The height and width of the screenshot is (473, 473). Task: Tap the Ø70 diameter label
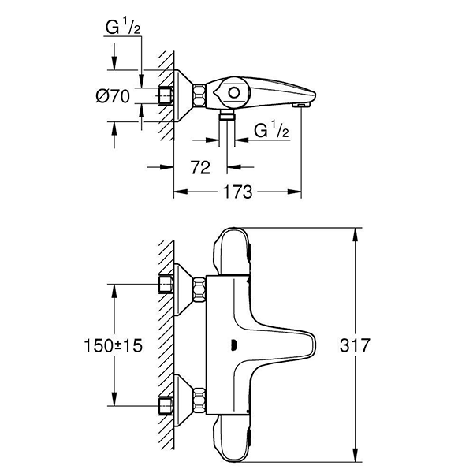(x=113, y=97)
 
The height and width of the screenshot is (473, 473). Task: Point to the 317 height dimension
(x=381, y=345)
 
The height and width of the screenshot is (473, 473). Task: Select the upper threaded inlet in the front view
(x=166, y=284)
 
